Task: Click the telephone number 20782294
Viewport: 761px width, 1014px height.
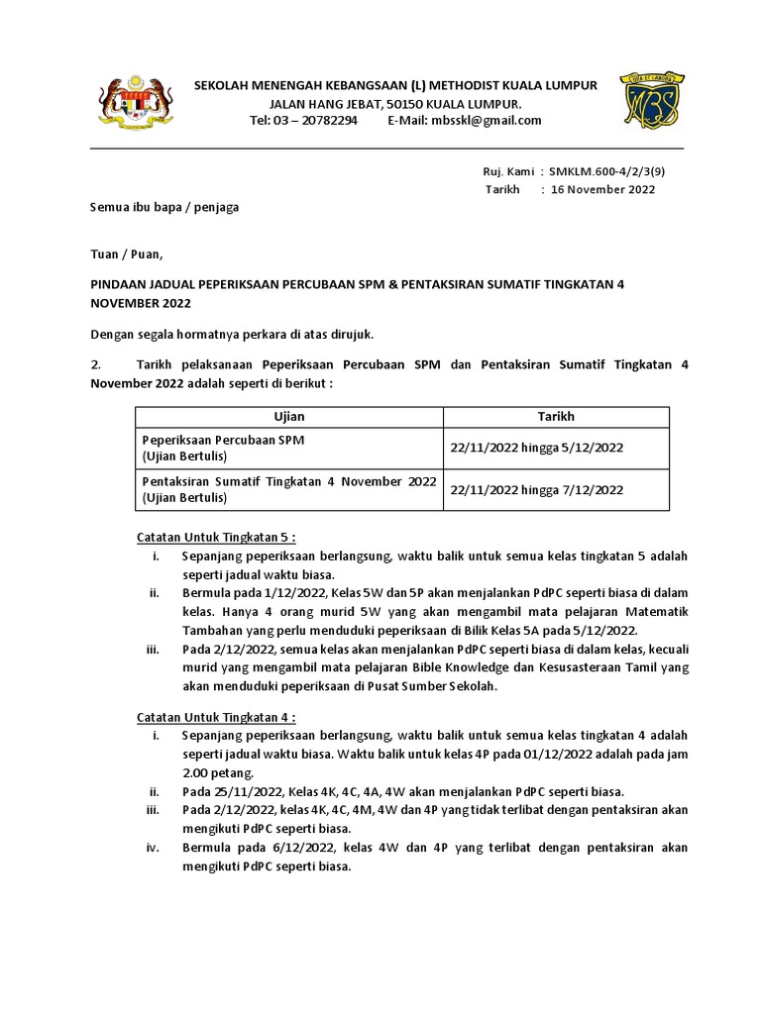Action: click(324, 121)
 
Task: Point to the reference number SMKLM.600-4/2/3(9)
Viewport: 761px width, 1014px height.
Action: click(600, 171)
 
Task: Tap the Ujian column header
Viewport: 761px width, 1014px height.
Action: click(288, 417)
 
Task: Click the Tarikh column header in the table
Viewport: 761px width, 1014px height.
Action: click(556, 417)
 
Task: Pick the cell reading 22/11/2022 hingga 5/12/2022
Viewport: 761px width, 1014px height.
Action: click(536, 448)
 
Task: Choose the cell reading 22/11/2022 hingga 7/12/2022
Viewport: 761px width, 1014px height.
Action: click(536, 489)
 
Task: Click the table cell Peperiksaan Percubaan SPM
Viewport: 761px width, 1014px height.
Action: click(210, 440)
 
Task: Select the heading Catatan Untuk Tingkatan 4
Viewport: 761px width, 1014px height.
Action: click(215, 717)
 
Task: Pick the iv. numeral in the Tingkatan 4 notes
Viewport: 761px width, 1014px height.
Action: click(154, 849)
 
